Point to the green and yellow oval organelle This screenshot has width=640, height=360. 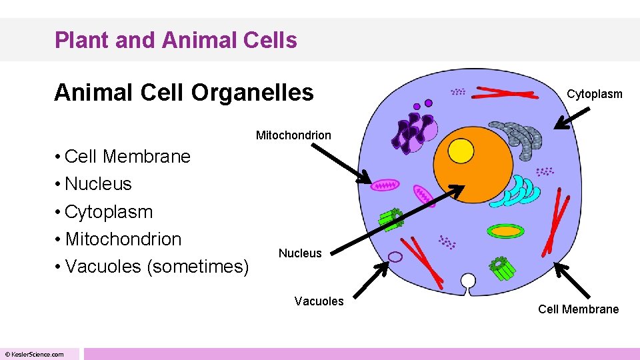pos(506,231)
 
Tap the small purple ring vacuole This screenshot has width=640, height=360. pos(395,257)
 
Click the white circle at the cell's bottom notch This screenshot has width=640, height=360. pos(469,281)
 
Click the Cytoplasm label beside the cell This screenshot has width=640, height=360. pos(594,94)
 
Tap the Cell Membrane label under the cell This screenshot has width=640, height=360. pos(578,309)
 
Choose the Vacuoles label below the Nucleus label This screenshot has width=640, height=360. pos(319,301)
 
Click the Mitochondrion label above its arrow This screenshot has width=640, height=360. pos(293,135)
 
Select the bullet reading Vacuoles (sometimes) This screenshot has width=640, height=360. pos(157,267)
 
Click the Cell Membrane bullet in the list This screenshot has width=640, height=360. pos(127,157)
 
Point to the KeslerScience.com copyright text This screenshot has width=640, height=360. pos(35,354)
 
